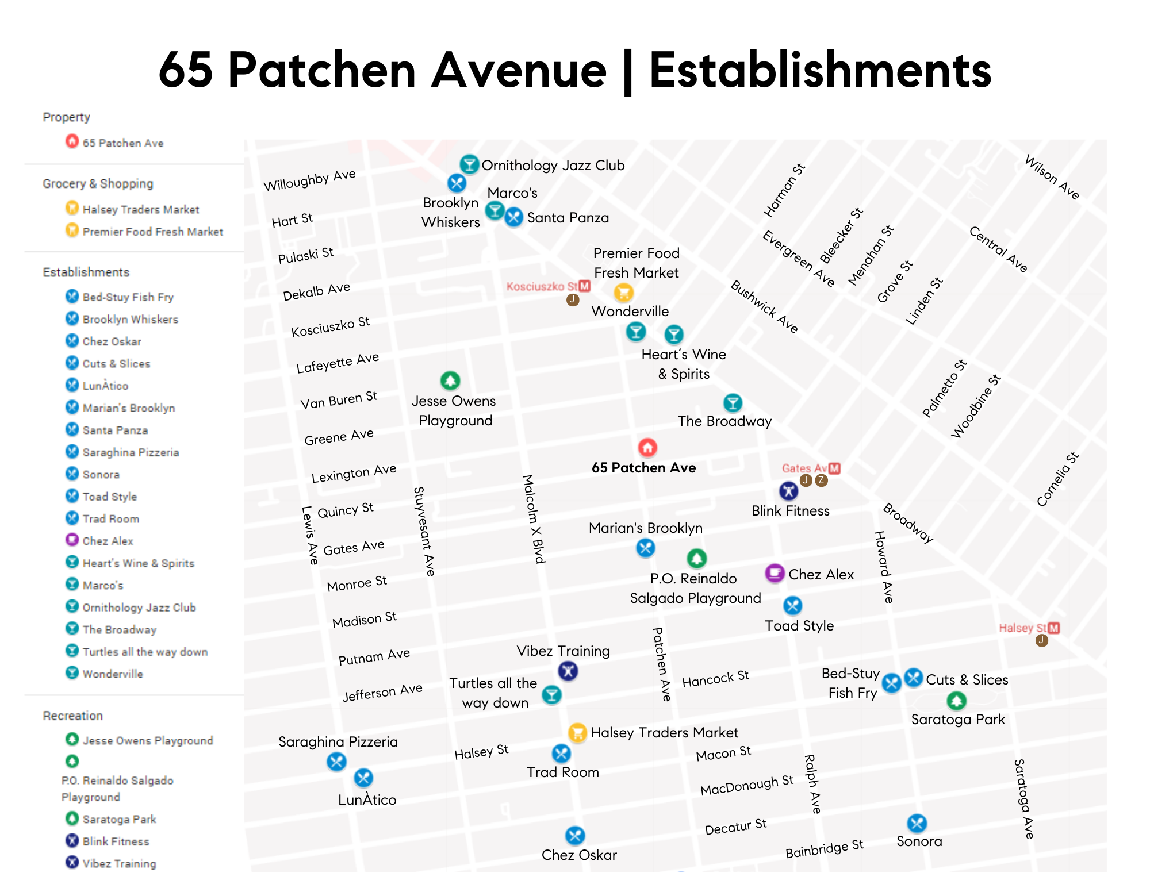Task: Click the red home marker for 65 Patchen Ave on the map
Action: tap(647, 447)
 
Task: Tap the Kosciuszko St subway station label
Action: tap(542, 286)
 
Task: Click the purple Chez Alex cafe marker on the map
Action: tap(775, 573)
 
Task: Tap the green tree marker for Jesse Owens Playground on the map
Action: tap(450, 380)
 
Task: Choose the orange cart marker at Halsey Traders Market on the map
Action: tap(577, 732)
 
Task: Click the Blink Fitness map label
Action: tap(790, 511)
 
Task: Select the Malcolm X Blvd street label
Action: tap(533, 518)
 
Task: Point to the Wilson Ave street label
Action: tap(1052, 178)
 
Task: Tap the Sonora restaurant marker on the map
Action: tap(917, 823)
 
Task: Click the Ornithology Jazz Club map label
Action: tap(553, 166)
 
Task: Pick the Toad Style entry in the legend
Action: tap(109, 497)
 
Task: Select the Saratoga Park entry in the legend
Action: tap(119, 819)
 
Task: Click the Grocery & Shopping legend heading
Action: tap(98, 184)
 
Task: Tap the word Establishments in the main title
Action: tap(820, 71)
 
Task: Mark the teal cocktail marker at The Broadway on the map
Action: tap(733, 403)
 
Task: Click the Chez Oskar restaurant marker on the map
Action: tap(575, 835)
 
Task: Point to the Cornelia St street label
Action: tap(1057, 480)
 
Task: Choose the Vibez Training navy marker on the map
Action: tap(568, 671)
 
